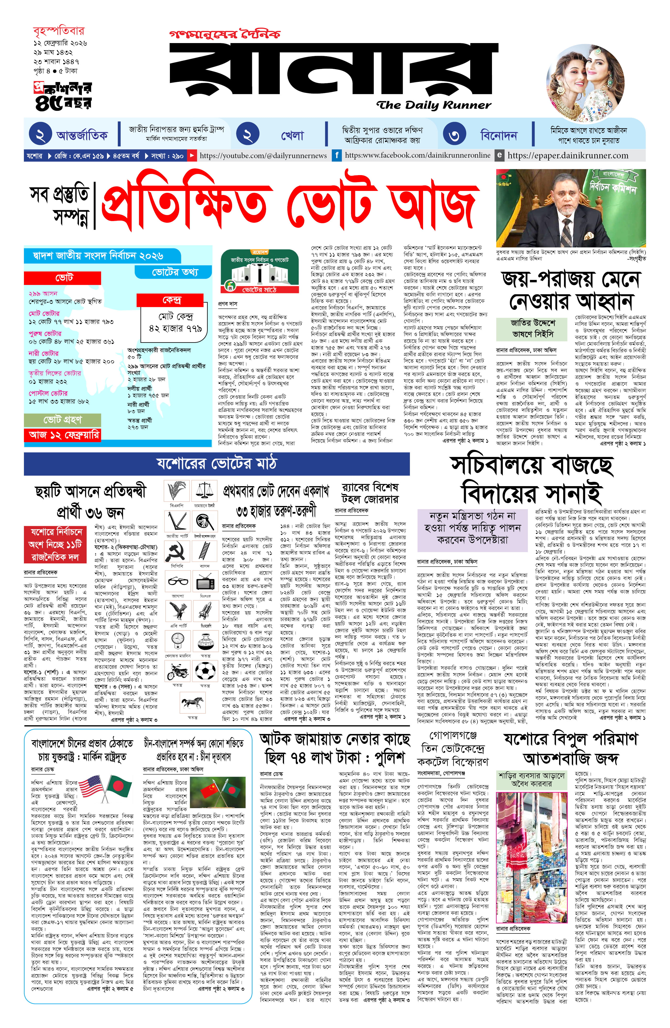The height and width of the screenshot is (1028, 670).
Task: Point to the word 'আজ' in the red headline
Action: point(434,203)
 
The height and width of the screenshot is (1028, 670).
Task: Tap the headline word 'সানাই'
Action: point(572,494)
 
